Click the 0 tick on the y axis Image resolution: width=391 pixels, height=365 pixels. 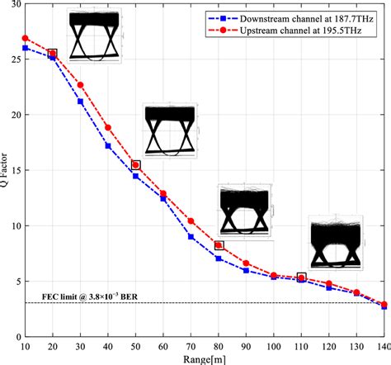coord(18,337)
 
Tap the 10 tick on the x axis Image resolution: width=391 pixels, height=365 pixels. coord(26,346)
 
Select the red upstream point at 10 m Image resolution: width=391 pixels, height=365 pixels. coord(26,38)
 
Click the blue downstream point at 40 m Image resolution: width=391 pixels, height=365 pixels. coord(108,145)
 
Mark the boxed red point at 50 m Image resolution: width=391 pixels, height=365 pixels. coord(136,165)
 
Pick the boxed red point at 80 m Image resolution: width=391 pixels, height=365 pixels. coord(219,245)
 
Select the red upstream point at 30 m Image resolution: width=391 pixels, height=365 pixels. coord(81,85)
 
